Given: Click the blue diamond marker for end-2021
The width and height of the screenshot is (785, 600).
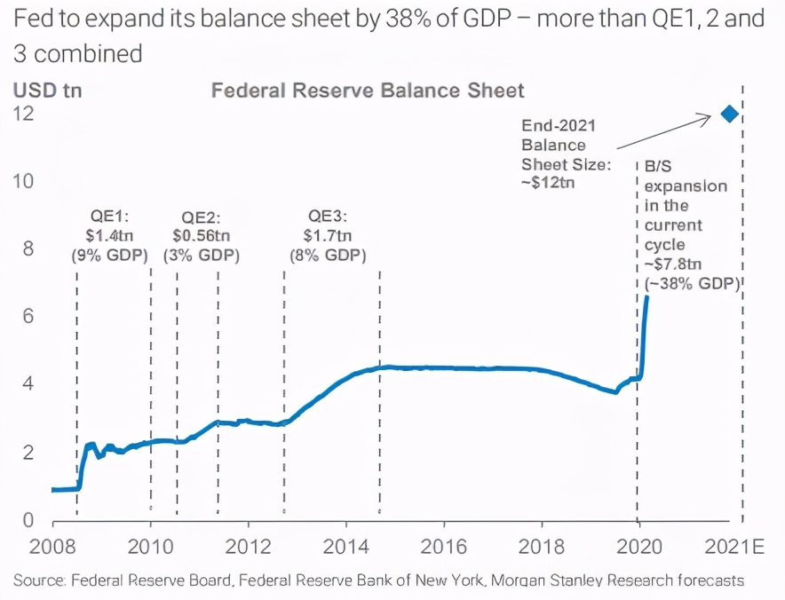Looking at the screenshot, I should tap(729, 114).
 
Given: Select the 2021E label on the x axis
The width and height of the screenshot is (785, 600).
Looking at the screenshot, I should tap(734, 544).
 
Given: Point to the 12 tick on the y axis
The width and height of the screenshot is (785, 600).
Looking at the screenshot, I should tap(24, 114).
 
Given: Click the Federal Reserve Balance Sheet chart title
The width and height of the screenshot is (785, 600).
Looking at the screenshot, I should tap(368, 91).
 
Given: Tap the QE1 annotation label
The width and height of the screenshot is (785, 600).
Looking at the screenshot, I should tap(108, 216).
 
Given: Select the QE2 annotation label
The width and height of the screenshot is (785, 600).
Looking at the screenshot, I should tap(202, 217).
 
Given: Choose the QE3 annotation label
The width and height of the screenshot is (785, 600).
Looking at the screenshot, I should tap(329, 216).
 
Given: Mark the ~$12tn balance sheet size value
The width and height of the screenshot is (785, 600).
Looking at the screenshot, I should tap(549, 184).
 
